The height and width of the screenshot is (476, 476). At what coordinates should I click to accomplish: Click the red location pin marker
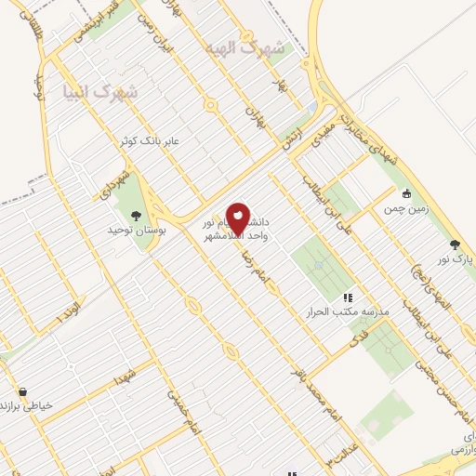point(238,218)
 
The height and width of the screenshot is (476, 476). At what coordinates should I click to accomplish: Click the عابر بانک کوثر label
point(146,141)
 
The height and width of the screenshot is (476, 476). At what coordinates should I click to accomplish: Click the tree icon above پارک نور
point(455,245)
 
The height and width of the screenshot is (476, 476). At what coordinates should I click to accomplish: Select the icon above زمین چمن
point(406,193)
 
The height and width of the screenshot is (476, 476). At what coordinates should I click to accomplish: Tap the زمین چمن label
point(407,210)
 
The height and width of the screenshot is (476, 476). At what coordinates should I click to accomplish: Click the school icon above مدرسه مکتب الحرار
point(348,297)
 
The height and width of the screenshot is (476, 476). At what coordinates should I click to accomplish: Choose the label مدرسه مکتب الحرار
point(347,312)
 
